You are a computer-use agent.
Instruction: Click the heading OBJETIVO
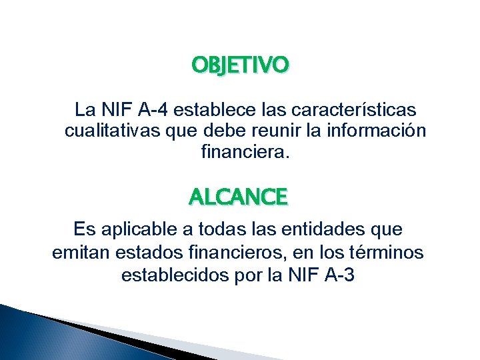point(240,65)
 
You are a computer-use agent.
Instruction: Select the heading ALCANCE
point(238,197)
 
